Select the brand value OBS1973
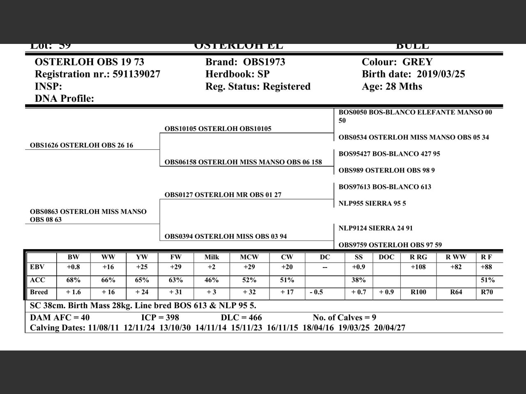[264, 62]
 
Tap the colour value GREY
[417, 62]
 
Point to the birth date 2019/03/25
[441, 74]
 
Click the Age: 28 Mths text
[392, 87]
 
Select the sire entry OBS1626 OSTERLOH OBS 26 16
[81, 145]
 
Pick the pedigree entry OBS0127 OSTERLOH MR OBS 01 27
[223, 195]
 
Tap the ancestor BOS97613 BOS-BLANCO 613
[385, 187]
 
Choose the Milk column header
[212, 257]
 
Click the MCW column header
[249, 257]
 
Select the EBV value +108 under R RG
[418, 267]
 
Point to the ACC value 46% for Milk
[212, 280]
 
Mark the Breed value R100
[418, 292]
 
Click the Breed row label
[39, 292]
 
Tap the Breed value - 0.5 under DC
[316, 292]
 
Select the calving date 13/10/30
[175, 328]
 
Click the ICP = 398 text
[160, 318]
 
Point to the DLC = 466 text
[241, 318]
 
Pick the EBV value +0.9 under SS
[358, 267]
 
